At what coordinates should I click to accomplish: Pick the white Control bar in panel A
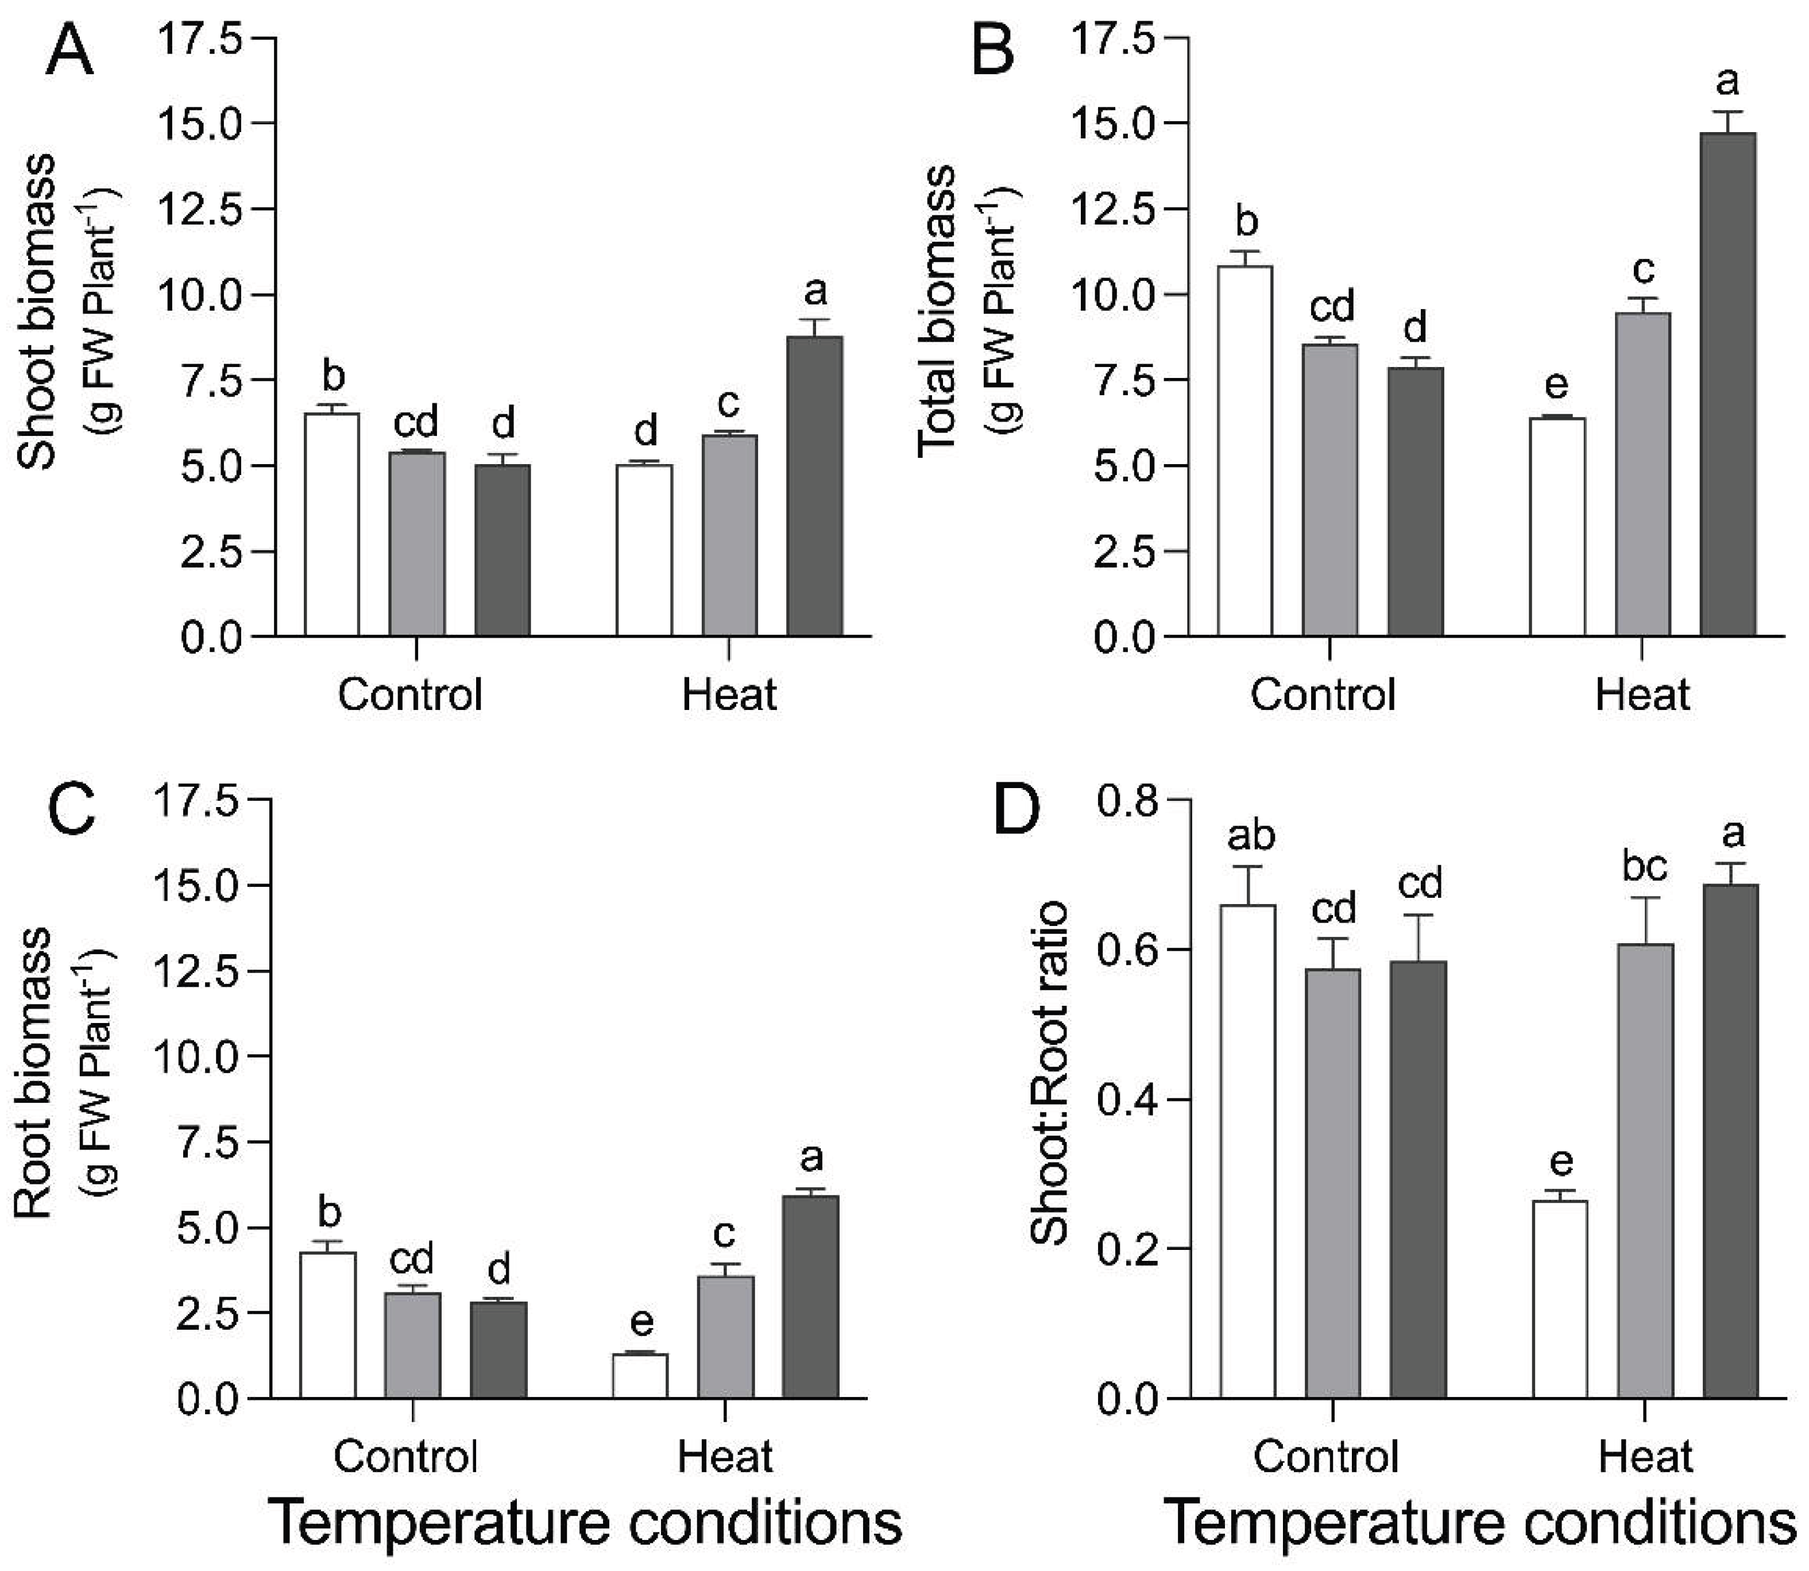pyautogui.click(x=331, y=524)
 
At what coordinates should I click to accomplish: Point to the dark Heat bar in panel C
pyautogui.click(x=811, y=1296)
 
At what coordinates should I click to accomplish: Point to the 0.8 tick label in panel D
pyautogui.click(x=1127, y=801)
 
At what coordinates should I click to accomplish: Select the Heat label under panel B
pyautogui.click(x=1642, y=695)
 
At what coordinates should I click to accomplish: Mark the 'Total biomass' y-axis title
pyautogui.click(x=937, y=311)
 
